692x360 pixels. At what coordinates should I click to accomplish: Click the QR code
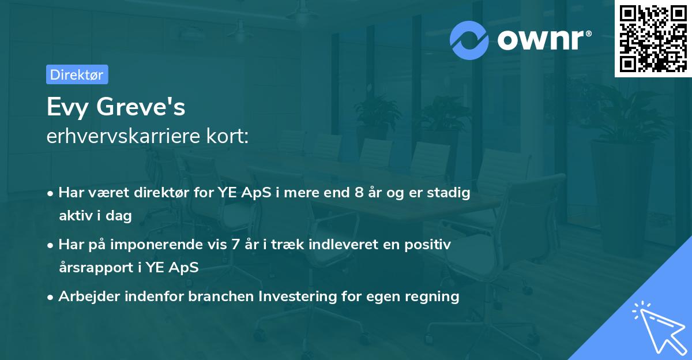[x=653, y=39]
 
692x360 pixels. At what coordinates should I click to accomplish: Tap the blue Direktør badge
[x=77, y=74]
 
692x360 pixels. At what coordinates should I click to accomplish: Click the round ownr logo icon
[x=469, y=40]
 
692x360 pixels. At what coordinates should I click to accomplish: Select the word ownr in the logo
[x=542, y=40]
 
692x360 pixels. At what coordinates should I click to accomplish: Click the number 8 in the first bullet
[x=360, y=193]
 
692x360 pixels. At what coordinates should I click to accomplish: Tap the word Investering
[x=298, y=297]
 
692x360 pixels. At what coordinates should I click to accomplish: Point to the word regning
[x=432, y=297]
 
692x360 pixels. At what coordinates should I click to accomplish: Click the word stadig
[x=450, y=193]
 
